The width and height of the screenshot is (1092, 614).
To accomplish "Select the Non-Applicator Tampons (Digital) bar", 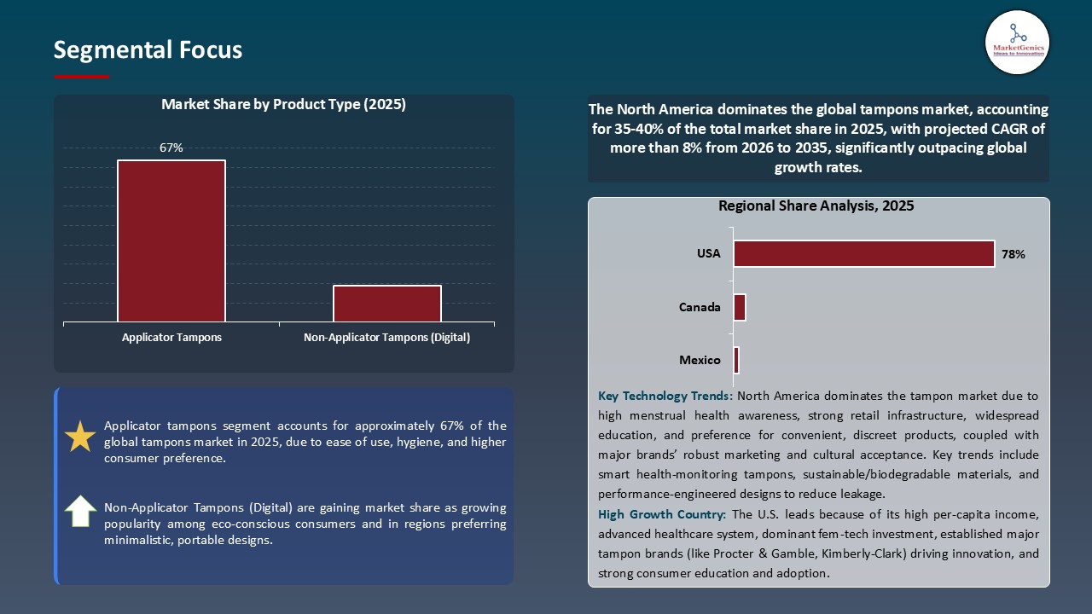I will coord(387,304).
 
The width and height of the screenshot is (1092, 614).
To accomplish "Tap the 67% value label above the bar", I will coord(171,148).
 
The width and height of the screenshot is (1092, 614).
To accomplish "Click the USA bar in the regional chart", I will coord(863,253).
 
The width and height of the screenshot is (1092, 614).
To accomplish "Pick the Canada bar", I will coord(740,307).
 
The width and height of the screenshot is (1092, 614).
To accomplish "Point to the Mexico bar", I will coord(736,360).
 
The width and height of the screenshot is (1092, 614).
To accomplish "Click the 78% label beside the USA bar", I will coord(1014,254).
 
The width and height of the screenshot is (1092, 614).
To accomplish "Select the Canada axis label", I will coord(700,307).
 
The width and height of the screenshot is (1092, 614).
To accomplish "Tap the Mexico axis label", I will coord(700,360).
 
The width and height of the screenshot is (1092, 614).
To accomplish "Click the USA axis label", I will coord(708,253).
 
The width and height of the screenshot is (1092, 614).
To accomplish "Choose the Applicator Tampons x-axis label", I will coord(171,338).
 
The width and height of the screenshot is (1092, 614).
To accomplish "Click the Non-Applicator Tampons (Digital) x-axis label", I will coord(387,338).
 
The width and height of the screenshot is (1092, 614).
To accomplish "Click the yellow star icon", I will coord(80,437).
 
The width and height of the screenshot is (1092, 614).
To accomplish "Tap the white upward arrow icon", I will coord(80,511).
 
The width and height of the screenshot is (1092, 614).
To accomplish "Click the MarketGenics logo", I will coord(1017,42).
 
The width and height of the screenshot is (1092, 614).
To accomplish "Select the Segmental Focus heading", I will coord(148,50).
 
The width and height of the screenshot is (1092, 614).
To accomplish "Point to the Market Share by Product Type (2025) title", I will coord(283,105).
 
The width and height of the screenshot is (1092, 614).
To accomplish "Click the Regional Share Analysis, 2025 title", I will coord(816,206).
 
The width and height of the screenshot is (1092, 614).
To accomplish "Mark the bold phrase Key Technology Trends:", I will coord(665,397).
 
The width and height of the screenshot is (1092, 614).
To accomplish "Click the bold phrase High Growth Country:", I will coord(662,514).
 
